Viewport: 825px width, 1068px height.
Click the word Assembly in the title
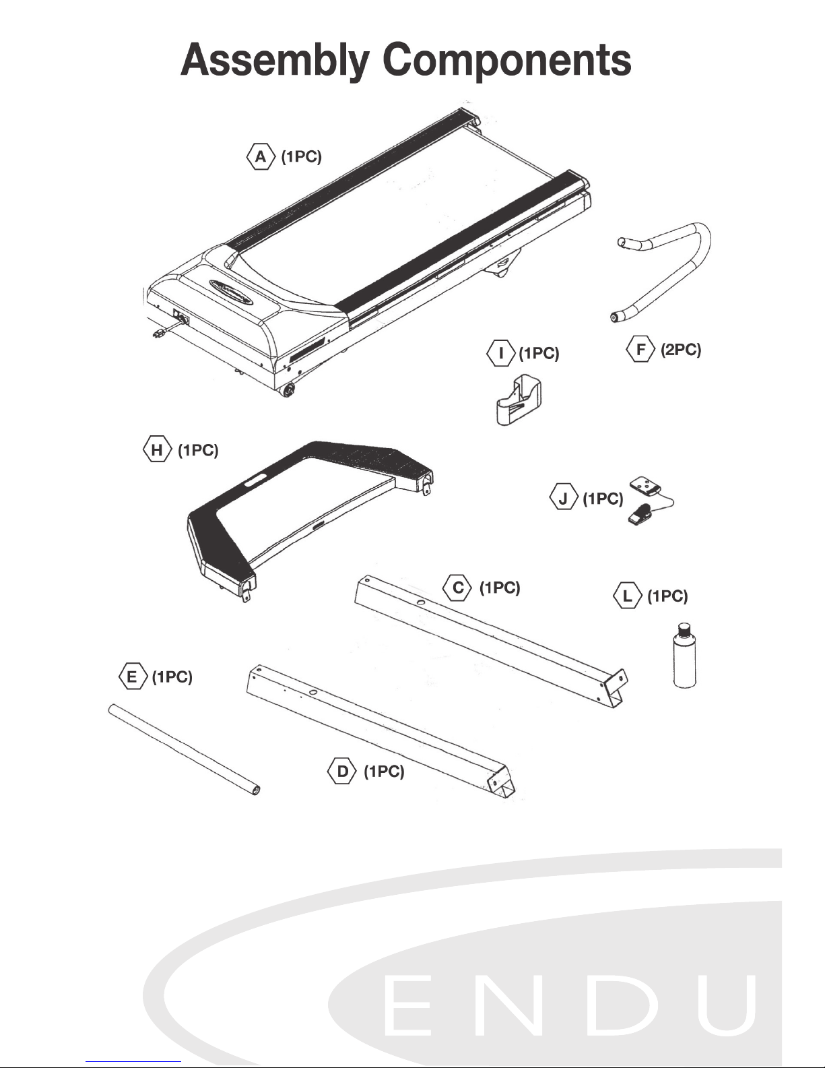coord(275,61)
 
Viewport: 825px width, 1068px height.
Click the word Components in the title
coord(507,61)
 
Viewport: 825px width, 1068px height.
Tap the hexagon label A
coord(261,157)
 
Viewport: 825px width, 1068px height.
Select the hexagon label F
coord(640,350)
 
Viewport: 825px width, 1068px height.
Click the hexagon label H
coord(157,450)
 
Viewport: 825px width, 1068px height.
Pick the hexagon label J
coord(564,499)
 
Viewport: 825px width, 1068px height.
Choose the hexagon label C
coord(458,588)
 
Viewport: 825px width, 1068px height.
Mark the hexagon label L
coord(628,596)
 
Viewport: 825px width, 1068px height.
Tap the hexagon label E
coord(133,677)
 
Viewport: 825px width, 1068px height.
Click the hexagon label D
coord(343,772)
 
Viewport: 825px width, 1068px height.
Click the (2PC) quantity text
coord(680,350)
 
